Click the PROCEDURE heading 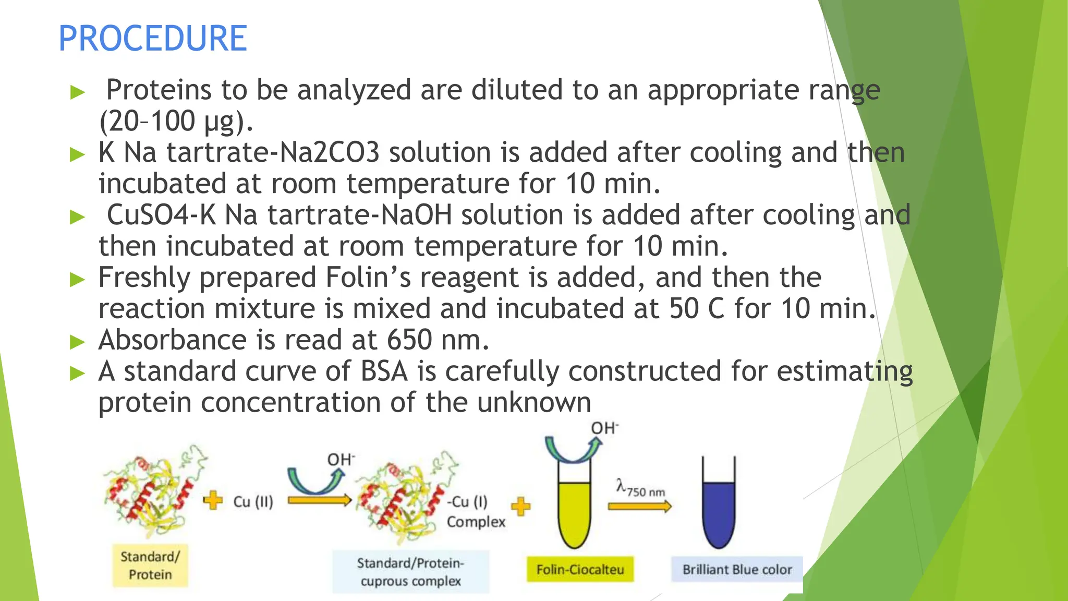click(x=152, y=39)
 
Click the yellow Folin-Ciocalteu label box click(x=580, y=569)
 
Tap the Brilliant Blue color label click(x=736, y=569)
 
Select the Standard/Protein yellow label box click(x=150, y=566)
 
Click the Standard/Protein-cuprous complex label click(x=410, y=572)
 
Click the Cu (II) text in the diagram click(x=253, y=501)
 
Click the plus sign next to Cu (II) click(x=213, y=500)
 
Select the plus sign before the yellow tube click(x=520, y=506)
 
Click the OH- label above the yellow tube click(x=604, y=428)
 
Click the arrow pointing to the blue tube click(x=640, y=506)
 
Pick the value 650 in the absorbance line click(x=409, y=340)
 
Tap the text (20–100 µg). click(x=176, y=122)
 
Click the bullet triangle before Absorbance click(x=77, y=342)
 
